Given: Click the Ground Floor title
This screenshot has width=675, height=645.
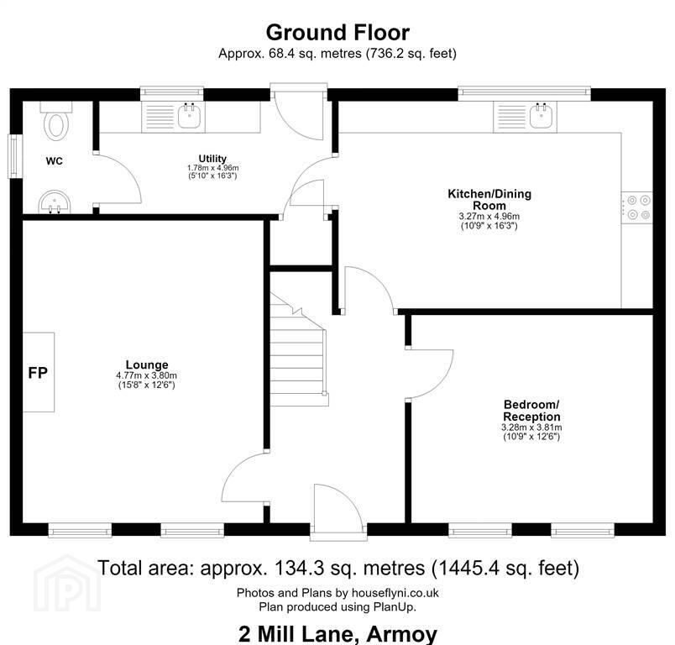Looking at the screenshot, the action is (337, 33).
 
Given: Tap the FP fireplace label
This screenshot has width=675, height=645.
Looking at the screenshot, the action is (38, 372).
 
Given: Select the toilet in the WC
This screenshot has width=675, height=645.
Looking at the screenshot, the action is (56, 121).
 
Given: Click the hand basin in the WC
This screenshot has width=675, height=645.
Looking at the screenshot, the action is (55, 202).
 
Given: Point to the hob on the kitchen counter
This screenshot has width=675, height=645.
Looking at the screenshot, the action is (636, 207).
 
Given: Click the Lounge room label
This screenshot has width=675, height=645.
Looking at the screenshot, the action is (147, 364).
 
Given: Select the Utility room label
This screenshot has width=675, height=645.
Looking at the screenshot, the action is (212, 159).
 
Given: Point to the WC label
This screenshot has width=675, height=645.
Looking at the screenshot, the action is (55, 161).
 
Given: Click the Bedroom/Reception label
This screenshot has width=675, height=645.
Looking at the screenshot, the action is (531, 411).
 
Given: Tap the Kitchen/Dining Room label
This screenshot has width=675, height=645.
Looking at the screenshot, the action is (489, 199).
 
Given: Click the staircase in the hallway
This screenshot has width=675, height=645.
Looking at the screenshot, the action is (299, 349).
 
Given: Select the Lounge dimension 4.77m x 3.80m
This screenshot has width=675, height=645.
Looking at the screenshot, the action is (146, 375).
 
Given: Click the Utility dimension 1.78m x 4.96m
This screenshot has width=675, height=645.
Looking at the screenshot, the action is (212, 167).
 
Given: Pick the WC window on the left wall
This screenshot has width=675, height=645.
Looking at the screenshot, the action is (15, 156).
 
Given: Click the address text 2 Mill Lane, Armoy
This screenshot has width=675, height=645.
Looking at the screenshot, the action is (337, 634).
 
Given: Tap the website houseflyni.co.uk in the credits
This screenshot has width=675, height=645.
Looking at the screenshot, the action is (395, 593).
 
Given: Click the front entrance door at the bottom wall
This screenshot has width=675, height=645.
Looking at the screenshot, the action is (339, 512).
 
